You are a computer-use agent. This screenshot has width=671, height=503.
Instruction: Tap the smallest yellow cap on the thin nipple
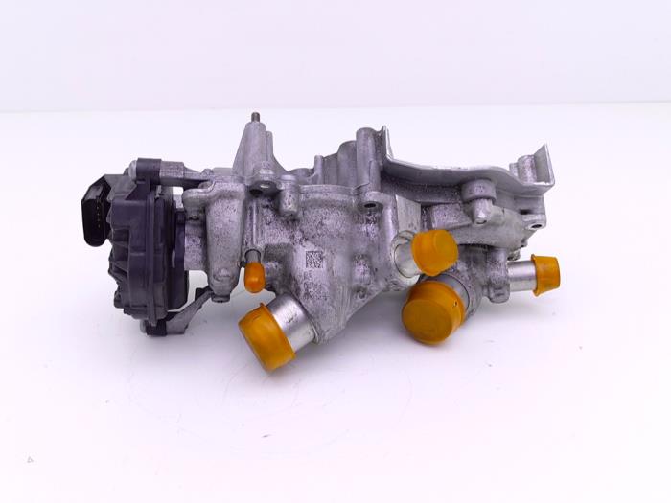(x=254, y=278)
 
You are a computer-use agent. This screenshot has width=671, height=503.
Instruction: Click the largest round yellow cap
(x=431, y=312)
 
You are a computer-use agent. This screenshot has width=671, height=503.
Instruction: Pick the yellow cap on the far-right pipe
(x=546, y=274)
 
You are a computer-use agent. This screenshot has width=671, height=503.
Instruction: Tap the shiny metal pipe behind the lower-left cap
(x=292, y=320)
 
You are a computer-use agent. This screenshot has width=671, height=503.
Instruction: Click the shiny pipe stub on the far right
(x=521, y=275)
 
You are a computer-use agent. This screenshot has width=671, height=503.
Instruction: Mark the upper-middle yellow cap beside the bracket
(x=434, y=251)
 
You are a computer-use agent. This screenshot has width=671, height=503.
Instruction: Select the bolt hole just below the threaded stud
(x=263, y=176)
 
